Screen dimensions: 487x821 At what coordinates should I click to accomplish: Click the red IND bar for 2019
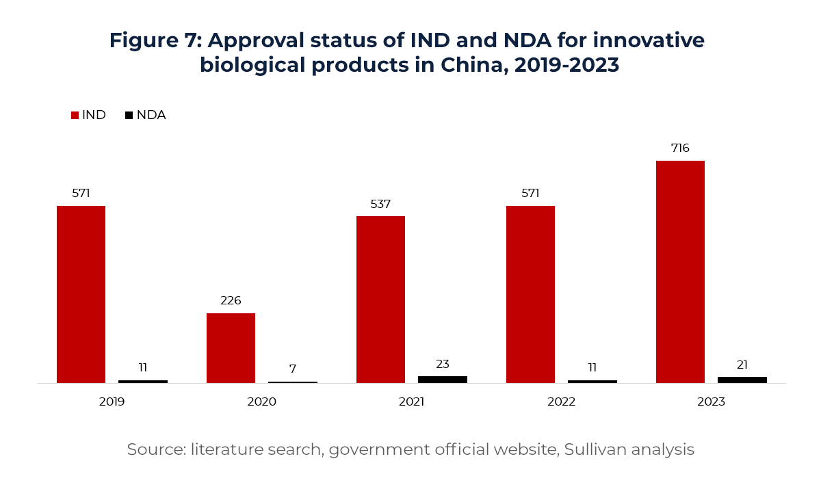(81, 294)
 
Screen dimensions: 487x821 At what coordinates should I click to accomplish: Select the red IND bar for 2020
(231, 347)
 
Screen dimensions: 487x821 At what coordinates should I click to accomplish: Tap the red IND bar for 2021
(380, 300)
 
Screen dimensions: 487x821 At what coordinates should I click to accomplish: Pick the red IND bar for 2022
(530, 294)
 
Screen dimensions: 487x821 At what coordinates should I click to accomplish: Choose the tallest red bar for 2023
(680, 272)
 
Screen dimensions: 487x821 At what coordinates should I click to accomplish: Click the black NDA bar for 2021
(442, 379)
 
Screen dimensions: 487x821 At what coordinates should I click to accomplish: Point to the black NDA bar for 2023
(742, 380)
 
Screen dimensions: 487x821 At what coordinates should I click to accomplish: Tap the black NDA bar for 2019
(142, 381)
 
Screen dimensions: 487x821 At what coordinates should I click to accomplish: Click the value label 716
(680, 148)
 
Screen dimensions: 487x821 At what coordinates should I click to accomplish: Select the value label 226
(231, 300)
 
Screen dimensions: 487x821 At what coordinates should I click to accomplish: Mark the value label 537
(380, 204)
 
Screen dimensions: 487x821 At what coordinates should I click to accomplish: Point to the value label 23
(442, 364)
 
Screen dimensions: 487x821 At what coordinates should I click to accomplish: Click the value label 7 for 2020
(293, 369)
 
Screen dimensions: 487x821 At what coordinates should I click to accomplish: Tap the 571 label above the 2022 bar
(530, 193)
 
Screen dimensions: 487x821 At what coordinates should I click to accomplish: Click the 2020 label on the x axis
(261, 402)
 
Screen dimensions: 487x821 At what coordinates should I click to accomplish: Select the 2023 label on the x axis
(711, 402)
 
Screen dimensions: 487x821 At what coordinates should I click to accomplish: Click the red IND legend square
(75, 116)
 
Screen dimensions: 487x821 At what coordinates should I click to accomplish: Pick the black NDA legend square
(129, 116)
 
